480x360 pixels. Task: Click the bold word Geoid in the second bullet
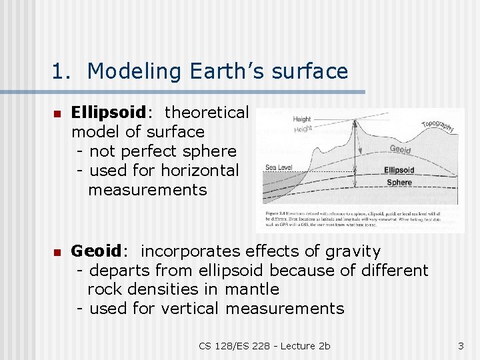pos(96,251)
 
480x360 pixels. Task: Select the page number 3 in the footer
pos(460,345)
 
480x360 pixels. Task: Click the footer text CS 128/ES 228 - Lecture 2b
pos(265,345)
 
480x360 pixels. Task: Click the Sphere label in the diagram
pos(399,182)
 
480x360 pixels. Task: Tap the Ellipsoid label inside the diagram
pos(399,171)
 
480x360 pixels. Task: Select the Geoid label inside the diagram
pos(400,149)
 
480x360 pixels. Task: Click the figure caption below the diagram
pos(360,219)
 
